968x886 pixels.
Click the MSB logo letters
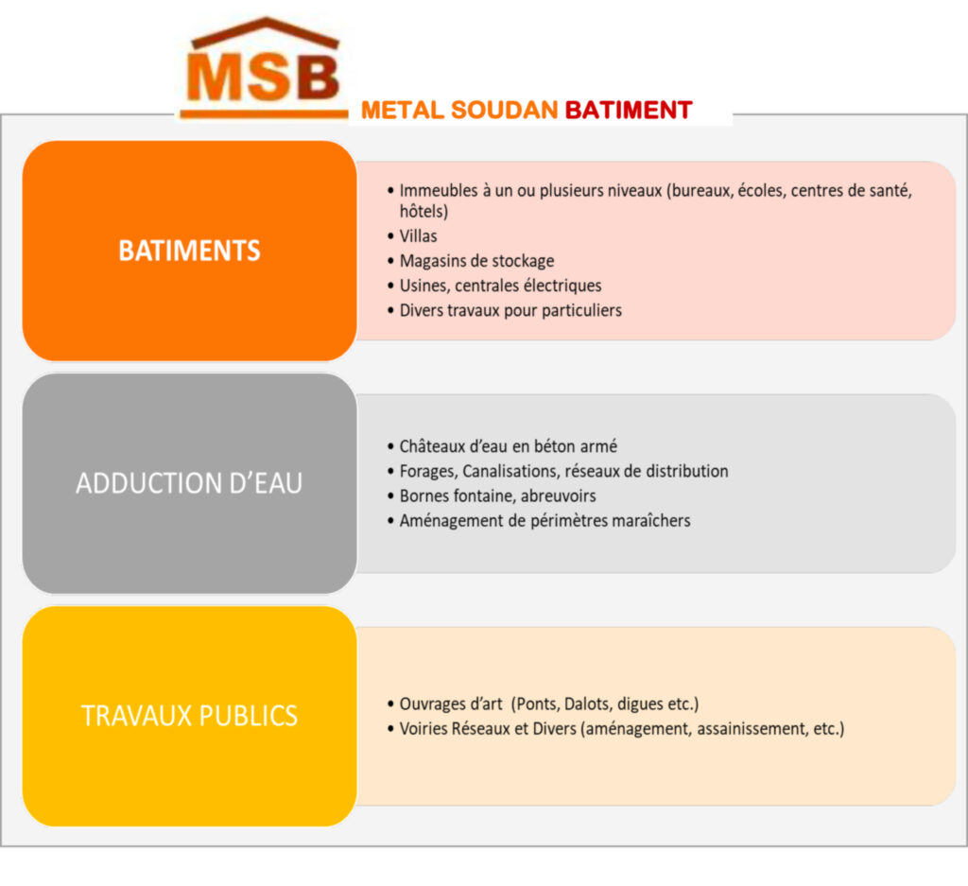(264, 78)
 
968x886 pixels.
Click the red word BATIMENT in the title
(629, 110)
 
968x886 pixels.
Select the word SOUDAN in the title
(505, 110)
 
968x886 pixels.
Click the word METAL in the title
(403, 110)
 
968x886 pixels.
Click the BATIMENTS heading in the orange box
(189, 251)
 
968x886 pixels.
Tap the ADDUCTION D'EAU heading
(189, 483)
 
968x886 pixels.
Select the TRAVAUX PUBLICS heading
(189, 716)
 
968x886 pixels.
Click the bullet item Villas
(418, 235)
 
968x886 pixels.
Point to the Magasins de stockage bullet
(476, 261)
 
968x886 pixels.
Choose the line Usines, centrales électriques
(500, 286)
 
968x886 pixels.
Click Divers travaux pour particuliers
(510, 310)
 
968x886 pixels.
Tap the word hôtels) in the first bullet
(423, 211)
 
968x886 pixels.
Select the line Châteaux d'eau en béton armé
(508, 445)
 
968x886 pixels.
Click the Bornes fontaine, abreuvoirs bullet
(497, 495)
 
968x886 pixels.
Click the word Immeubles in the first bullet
(439, 190)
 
